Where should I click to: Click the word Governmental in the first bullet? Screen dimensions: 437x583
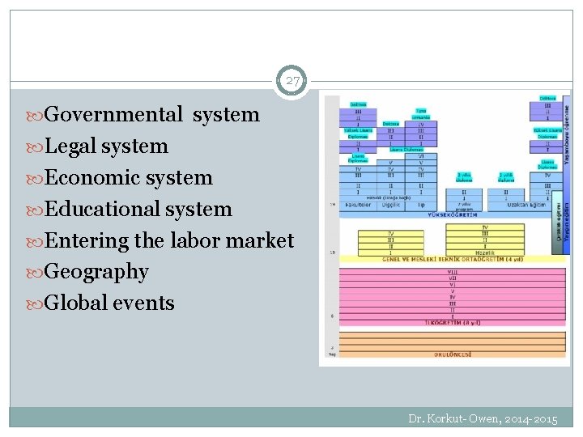point(114,115)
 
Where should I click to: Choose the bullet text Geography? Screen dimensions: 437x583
point(96,273)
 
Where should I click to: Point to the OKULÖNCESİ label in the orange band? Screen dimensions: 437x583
point(453,354)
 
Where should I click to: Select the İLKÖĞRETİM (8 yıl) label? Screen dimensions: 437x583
point(453,322)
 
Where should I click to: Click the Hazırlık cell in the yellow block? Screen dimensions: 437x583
point(485,252)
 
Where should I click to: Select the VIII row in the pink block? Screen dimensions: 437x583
point(453,271)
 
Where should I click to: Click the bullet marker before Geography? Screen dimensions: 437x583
point(39,273)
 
